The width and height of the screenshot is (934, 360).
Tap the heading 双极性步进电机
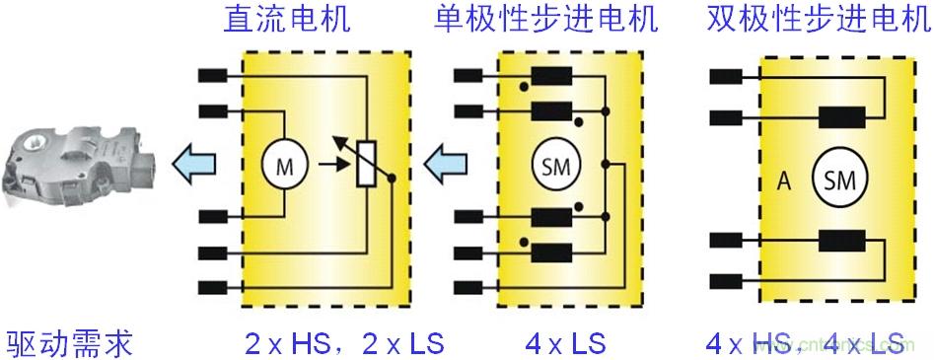coord(819,19)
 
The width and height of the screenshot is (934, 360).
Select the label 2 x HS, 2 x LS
coord(345,343)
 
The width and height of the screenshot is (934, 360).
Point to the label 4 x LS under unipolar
coord(565,343)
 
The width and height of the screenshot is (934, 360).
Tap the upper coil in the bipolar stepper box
coord(842,117)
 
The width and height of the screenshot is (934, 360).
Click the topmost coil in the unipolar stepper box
coord(550,75)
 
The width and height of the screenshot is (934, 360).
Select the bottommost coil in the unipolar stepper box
coord(550,251)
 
